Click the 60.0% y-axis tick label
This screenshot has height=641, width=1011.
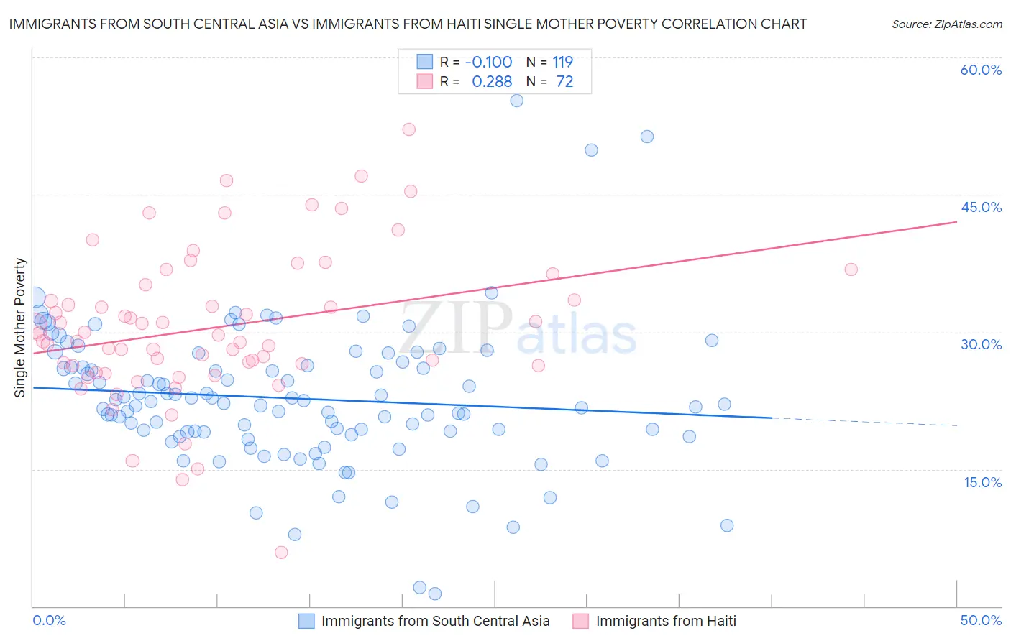(981, 70)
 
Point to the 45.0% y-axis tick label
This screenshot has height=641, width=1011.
(981, 207)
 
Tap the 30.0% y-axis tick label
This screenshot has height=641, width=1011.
(981, 344)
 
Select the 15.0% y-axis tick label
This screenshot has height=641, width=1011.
(982, 482)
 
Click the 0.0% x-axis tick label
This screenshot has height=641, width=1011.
(49, 620)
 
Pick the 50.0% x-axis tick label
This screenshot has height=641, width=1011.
(981, 620)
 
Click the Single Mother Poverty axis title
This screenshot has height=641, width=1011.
(20, 328)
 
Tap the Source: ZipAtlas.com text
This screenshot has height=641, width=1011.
(946, 24)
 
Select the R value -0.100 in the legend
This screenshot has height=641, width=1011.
(488, 62)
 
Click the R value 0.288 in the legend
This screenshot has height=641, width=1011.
(492, 82)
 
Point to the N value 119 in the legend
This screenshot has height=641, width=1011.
(562, 62)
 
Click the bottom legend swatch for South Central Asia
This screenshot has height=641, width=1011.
(307, 621)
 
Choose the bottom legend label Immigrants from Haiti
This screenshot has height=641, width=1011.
(666, 621)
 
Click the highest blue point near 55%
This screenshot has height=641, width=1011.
(516, 101)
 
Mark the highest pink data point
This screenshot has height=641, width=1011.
(408, 129)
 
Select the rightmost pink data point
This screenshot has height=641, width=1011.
(851, 269)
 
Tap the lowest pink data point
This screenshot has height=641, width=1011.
(281, 552)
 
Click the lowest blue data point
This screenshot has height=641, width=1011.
(434, 594)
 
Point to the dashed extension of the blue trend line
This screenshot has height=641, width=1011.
(863, 421)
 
